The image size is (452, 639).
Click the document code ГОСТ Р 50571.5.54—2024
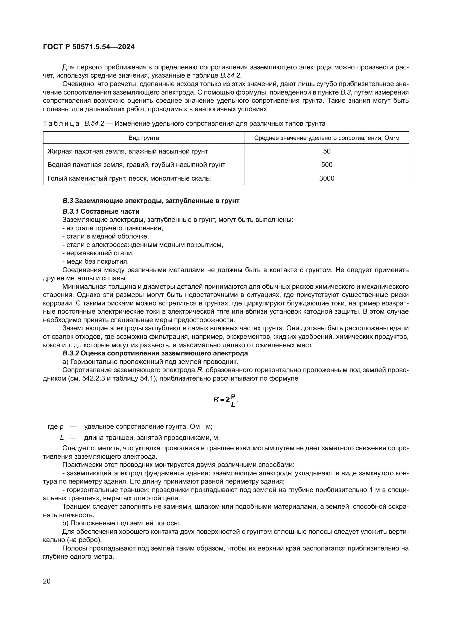(x=89, y=47)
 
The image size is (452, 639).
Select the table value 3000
(x=327, y=178)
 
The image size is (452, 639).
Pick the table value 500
(x=327, y=165)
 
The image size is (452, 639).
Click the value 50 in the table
(x=327, y=151)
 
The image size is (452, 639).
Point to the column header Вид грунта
(x=144, y=138)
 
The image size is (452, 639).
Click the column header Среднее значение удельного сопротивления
(x=327, y=138)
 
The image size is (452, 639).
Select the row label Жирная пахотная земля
(x=127, y=151)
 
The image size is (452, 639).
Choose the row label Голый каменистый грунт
(x=129, y=178)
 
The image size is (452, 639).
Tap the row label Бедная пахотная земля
(x=136, y=165)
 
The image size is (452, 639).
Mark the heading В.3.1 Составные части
(x=101, y=211)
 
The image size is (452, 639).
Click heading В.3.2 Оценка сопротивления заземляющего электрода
(x=155, y=354)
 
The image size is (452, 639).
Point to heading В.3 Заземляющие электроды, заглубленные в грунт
(x=151, y=201)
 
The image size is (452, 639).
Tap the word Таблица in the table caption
(x=61, y=123)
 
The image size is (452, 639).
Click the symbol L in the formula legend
(x=62, y=438)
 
